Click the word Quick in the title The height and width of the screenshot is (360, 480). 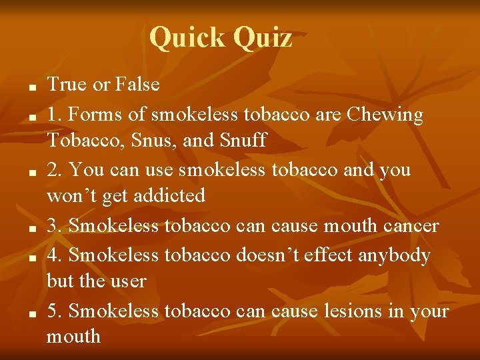(187, 38)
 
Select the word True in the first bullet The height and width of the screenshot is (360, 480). (68, 85)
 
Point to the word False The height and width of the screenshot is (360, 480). (137, 85)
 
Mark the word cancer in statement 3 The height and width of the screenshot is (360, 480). (411, 226)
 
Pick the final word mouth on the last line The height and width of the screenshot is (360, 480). (74, 337)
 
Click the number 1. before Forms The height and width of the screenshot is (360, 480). (55, 115)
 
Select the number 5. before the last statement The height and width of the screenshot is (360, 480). (55, 311)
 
